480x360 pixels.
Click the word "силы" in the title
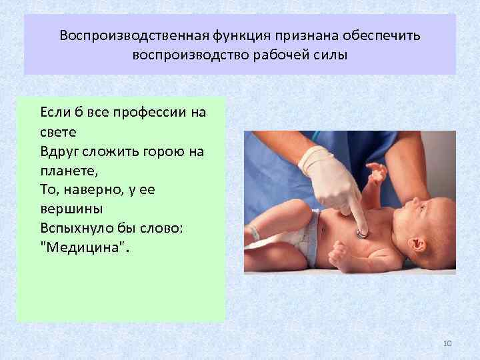(x=331, y=54)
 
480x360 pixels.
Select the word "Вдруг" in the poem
(x=59, y=151)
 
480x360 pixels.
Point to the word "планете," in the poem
(x=69, y=170)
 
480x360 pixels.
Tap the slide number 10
(x=447, y=343)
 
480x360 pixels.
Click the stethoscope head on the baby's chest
(x=361, y=233)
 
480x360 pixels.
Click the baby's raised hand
(x=378, y=173)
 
